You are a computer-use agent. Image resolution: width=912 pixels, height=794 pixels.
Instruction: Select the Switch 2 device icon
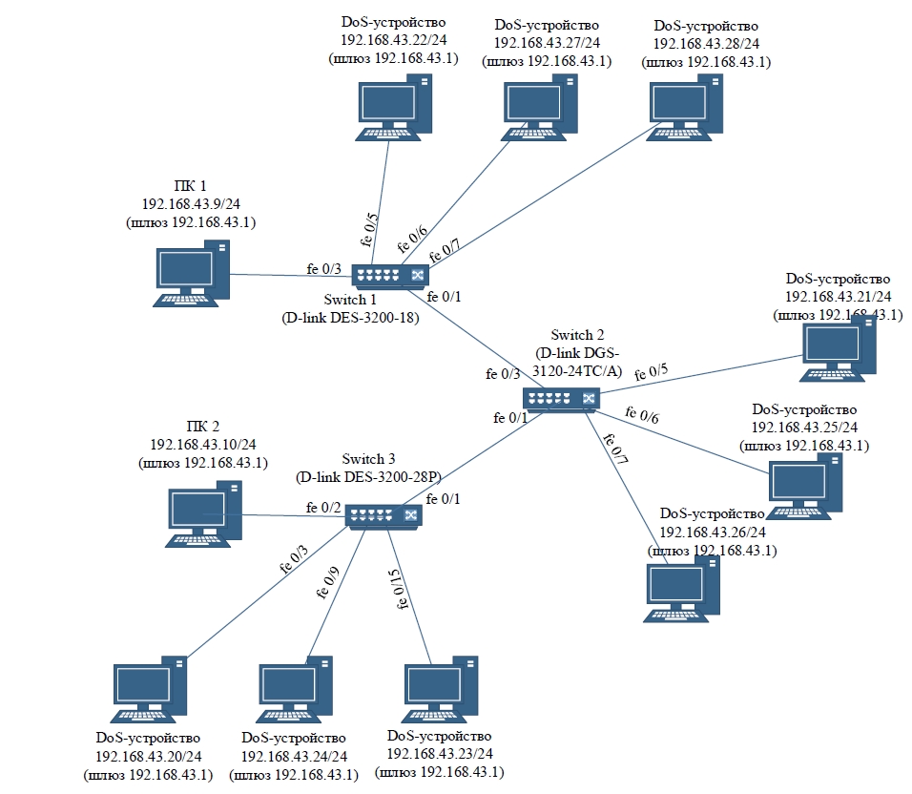point(561,399)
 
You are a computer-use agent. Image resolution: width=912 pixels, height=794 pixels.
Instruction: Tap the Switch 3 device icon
point(383,515)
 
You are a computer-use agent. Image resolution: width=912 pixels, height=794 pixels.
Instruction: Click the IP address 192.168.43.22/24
point(392,40)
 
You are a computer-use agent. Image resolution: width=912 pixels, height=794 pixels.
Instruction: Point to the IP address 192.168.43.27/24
point(547,43)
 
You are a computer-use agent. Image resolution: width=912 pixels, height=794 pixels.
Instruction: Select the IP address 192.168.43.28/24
point(706,43)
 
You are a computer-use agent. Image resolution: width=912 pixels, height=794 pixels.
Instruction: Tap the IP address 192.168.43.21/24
point(838,297)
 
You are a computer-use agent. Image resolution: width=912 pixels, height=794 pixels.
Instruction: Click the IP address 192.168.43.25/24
point(804,427)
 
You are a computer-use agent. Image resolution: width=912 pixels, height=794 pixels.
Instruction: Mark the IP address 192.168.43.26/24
point(712,532)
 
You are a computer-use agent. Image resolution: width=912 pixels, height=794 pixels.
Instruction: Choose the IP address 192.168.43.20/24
point(148,755)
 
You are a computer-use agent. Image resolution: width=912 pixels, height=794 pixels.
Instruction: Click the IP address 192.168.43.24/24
point(294,755)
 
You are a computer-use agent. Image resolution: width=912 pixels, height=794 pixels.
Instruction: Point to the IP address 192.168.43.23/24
point(440,753)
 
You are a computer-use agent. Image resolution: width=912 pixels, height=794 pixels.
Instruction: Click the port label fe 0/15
point(396,589)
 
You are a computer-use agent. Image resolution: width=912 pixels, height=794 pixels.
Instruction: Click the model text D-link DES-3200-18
point(351,317)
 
